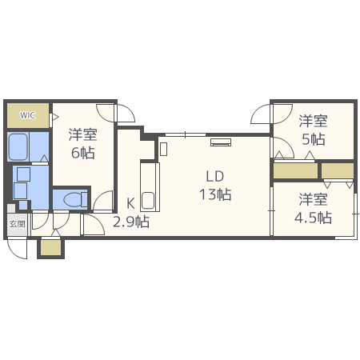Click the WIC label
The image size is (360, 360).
point(27,115)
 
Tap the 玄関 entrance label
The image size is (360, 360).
point(17,224)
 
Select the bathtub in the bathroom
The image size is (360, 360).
point(18,147)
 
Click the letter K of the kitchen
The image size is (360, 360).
point(130,203)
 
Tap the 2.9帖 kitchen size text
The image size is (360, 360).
point(130,222)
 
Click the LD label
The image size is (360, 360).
point(214,176)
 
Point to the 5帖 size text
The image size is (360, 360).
point(313,139)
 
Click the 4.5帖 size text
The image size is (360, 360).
point(313,217)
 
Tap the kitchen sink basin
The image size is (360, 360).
point(148,200)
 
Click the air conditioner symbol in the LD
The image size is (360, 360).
point(221,143)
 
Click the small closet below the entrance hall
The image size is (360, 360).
point(50,248)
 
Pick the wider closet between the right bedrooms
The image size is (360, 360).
point(294,170)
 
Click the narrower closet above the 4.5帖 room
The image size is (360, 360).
point(337,170)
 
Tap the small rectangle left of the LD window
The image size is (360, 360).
point(163,148)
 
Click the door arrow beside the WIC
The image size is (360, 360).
point(54,118)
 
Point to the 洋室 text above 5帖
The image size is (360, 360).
point(313,121)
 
